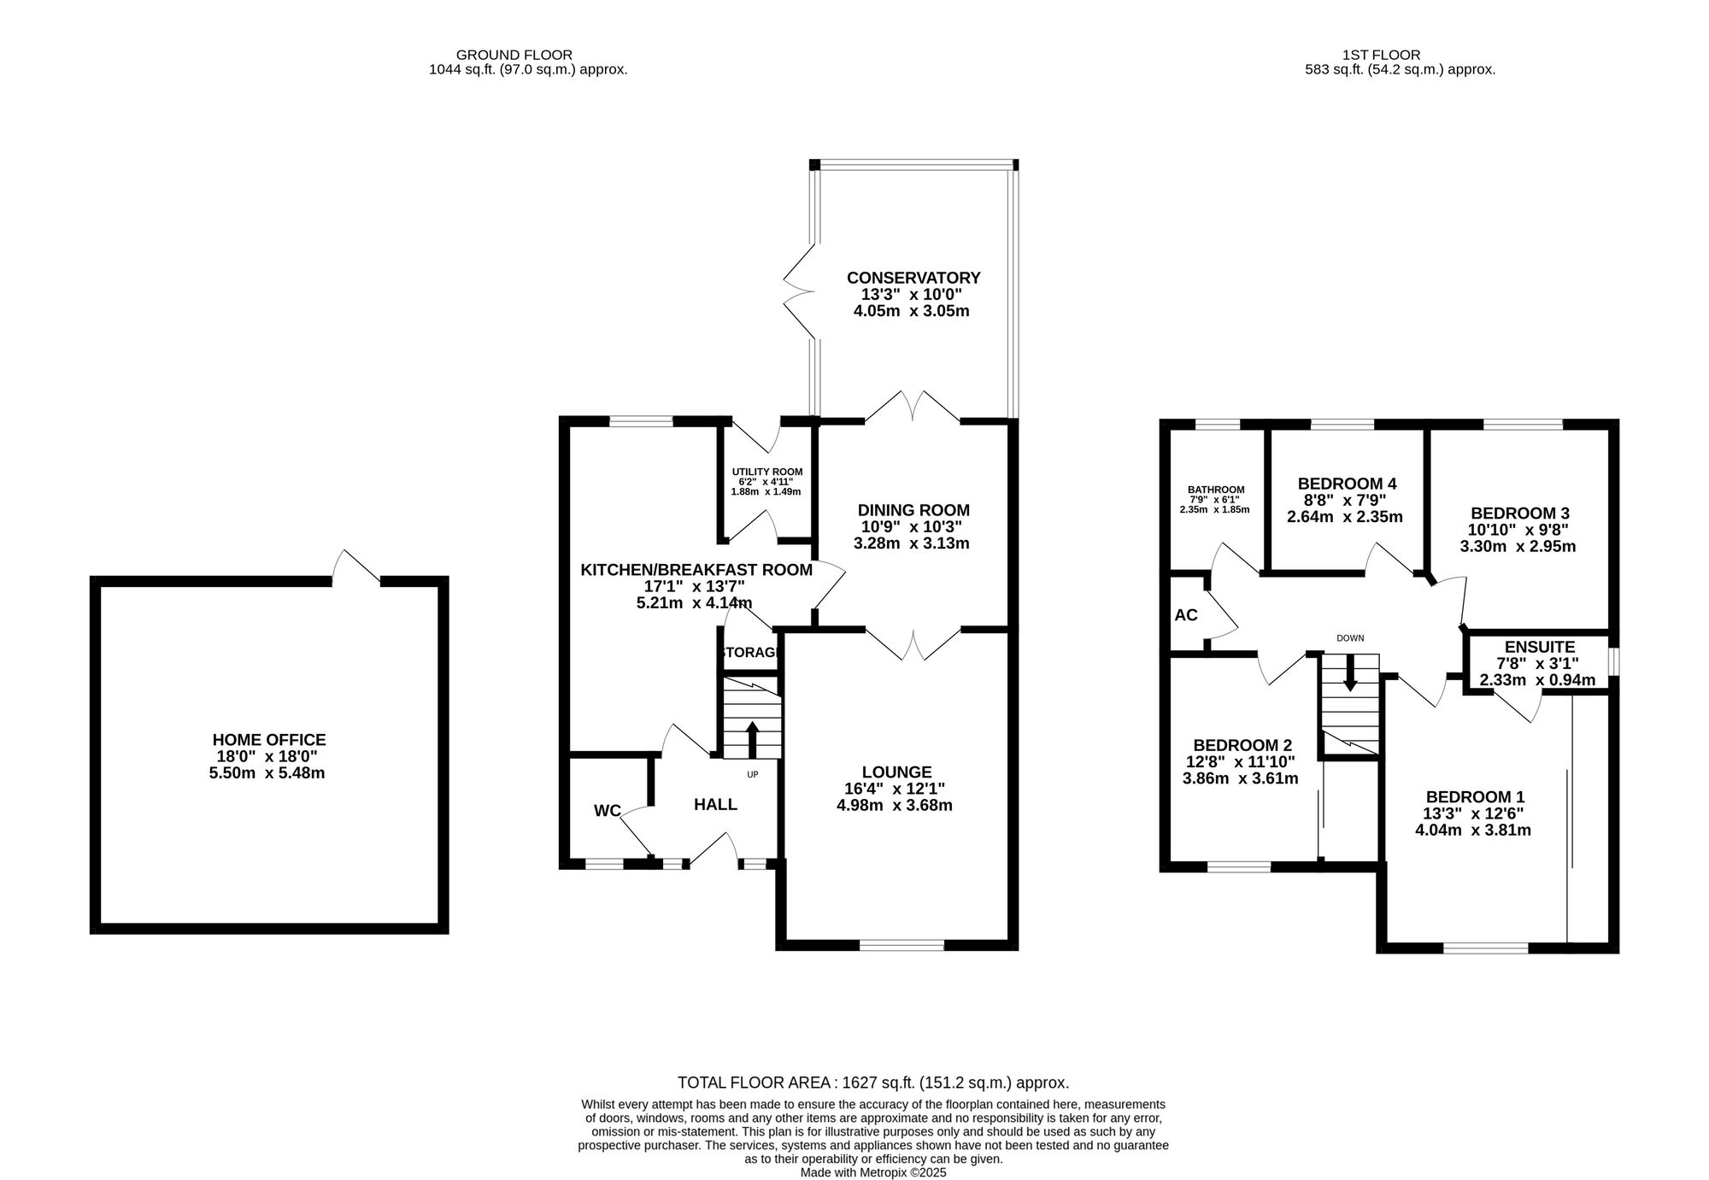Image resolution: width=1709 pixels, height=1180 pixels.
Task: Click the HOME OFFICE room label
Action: point(269,740)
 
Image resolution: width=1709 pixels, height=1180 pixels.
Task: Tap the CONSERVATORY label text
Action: point(913,278)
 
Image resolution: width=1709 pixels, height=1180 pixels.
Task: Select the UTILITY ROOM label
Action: point(766,472)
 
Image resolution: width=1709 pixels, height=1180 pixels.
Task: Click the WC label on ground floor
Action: point(607,811)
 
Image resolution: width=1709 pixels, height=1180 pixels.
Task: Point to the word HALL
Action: point(715,804)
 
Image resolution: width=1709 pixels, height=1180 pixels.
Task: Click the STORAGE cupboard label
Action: point(749,653)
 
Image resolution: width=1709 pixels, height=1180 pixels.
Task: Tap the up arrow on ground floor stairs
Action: point(752,739)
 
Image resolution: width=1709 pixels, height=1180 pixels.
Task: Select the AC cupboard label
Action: point(1186,615)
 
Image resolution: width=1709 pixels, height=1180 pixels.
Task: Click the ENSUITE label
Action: point(1539,647)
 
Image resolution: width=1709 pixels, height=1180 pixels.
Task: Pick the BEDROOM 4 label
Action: point(1346,484)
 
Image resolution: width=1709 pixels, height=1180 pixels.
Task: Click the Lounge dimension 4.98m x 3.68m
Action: point(895,805)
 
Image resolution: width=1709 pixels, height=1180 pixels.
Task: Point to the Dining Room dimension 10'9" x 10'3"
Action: point(913,527)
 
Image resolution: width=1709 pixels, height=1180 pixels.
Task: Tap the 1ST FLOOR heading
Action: point(1399,55)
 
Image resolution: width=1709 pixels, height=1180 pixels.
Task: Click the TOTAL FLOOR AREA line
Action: point(872,1083)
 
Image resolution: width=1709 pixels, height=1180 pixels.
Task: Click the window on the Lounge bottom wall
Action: point(901,945)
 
